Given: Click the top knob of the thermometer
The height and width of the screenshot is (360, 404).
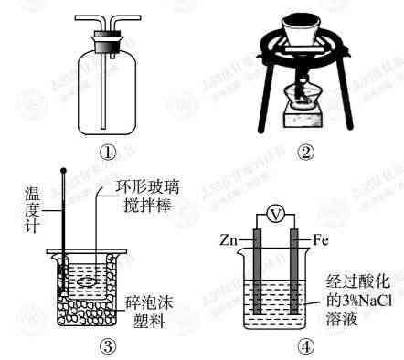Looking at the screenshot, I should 63,170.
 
